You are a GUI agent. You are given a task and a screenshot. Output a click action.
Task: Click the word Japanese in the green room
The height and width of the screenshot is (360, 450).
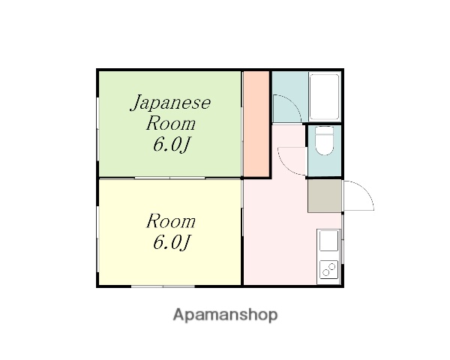[x=172, y=103]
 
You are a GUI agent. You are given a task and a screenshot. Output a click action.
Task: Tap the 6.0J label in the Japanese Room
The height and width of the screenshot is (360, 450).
[x=171, y=144]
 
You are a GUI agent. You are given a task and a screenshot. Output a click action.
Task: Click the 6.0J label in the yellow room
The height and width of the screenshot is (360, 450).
[x=171, y=242]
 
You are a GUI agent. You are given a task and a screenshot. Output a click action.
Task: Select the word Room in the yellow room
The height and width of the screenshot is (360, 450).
[x=171, y=221]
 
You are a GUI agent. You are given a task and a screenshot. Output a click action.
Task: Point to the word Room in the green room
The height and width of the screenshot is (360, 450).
[x=171, y=123]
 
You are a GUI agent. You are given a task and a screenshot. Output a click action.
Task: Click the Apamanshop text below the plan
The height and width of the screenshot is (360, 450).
[x=225, y=315]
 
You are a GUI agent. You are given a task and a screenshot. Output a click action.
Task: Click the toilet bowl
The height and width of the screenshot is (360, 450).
[x=325, y=145]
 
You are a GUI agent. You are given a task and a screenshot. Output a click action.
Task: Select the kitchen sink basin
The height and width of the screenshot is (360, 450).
[x=329, y=241]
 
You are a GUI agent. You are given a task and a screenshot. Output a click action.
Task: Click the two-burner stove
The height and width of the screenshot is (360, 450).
[x=329, y=267]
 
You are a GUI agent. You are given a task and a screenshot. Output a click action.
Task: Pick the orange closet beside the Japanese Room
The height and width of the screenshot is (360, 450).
[x=256, y=124]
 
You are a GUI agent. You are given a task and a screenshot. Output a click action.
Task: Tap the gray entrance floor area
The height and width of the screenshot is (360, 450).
[x=324, y=195]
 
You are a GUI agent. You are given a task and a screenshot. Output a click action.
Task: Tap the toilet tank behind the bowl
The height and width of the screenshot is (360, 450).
[x=325, y=132]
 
